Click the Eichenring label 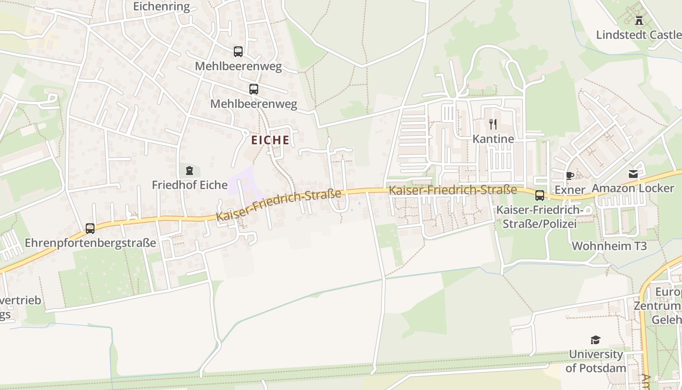pyautogui.click(x=161, y=6)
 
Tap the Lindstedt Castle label pyautogui.click(x=638, y=35)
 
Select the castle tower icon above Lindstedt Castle pyautogui.click(x=639, y=20)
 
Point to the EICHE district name pyautogui.click(x=270, y=140)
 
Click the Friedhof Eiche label pyautogui.click(x=189, y=185)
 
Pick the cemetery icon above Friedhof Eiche pyautogui.click(x=189, y=171)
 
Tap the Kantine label pyautogui.click(x=493, y=139)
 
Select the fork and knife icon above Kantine pyautogui.click(x=493, y=124)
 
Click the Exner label pyautogui.click(x=569, y=189)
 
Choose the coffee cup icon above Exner pyautogui.click(x=569, y=175)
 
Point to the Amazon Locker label pyautogui.click(x=633, y=188)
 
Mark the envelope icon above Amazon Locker pyautogui.click(x=633, y=174)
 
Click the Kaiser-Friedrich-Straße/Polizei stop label pyautogui.click(x=539, y=217)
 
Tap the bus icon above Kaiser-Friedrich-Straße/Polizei pyautogui.click(x=540, y=195)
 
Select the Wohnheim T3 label pyautogui.click(x=609, y=246)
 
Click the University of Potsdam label pyautogui.click(x=596, y=361)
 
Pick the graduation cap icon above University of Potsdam pyautogui.click(x=595, y=340)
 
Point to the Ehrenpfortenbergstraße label pyautogui.click(x=90, y=243)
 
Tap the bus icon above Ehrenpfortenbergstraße pyautogui.click(x=90, y=228)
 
